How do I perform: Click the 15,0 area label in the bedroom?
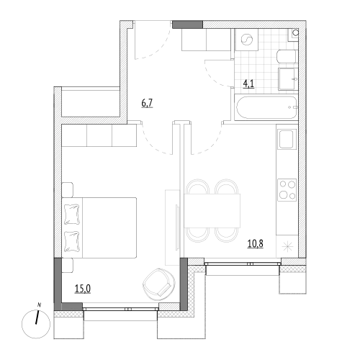coord(83,289)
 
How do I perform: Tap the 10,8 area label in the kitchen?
coord(256,243)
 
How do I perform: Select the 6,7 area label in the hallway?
coord(147,104)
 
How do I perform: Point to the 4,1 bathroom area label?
coord(248,84)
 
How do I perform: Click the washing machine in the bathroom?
coord(247,40)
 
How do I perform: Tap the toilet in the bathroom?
coord(287,57)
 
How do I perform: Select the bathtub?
coord(266,107)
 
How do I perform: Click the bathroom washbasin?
coord(288,79)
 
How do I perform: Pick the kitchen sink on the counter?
coord(287,139)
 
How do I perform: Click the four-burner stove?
coord(287,190)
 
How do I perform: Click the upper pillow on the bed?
coord(72,215)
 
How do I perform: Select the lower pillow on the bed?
coord(72,242)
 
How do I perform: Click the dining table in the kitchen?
coord(212,210)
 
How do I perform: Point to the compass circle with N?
coord(36,324)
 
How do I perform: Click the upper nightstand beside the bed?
coord(68,190)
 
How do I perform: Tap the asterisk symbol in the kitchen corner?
coord(287,247)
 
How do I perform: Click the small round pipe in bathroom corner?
coord(296,32)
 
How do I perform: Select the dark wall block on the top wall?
coord(188,24)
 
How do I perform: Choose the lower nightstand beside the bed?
coord(68,266)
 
